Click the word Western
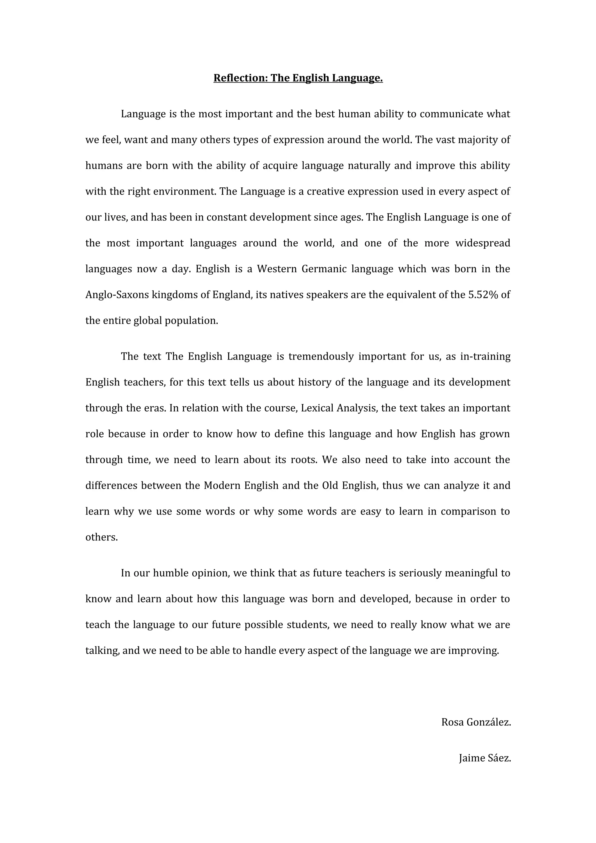(x=276, y=269)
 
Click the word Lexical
(x=317, y=408)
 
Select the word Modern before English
(x=222, y=486)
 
